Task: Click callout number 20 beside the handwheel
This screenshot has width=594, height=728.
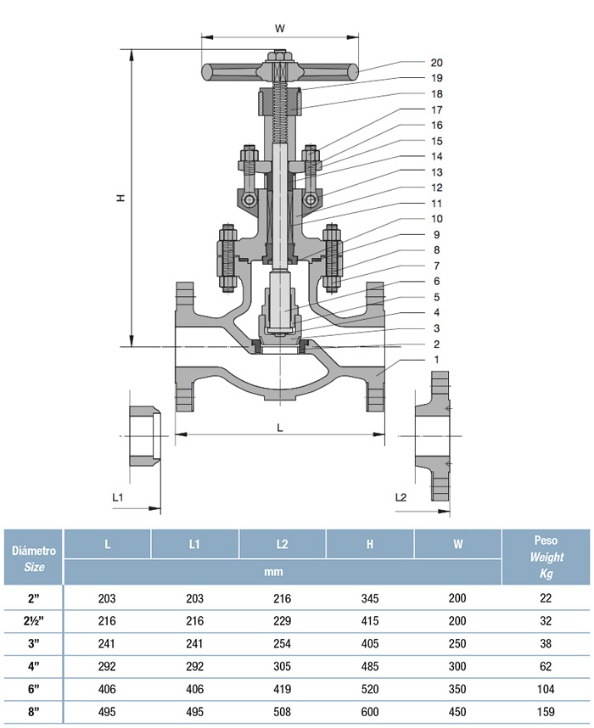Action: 436,63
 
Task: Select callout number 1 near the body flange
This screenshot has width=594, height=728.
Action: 436,360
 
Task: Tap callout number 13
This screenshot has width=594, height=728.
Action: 436,172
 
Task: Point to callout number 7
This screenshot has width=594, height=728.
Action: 436,266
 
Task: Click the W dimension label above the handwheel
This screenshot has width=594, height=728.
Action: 279,29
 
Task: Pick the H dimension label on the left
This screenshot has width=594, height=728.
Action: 121,199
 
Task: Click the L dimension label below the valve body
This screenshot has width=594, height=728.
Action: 279,428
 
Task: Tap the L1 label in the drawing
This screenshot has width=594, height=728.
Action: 118,497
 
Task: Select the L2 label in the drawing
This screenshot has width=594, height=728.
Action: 401,497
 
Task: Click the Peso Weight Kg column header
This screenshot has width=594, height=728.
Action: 546,557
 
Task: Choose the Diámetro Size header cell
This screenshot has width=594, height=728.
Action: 33,558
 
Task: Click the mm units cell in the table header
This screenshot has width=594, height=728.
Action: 273,572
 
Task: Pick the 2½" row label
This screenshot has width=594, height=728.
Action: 33,621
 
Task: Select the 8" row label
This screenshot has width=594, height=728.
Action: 33,712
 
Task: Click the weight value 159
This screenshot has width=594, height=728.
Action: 546,712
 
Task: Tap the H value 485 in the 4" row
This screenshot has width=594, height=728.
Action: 370,666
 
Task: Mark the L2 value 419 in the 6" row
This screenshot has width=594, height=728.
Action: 283,689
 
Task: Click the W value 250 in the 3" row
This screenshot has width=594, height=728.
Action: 457,643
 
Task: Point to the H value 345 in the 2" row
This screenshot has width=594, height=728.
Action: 370,598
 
